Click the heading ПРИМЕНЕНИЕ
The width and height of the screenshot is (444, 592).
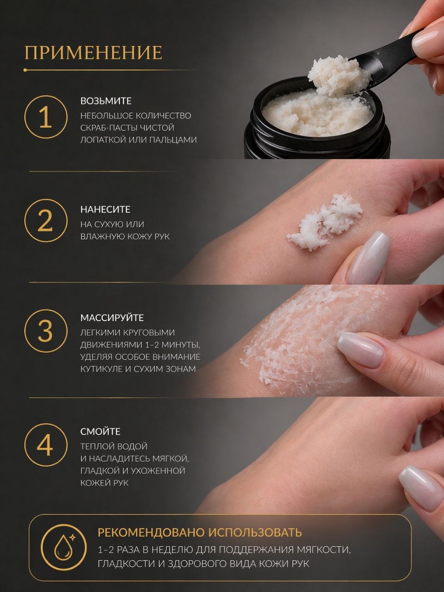tap(93, 52)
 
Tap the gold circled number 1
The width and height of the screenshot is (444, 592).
tap(45, 117)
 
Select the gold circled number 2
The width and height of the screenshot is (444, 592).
tap(45, 221)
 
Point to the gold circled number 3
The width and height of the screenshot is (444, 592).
tap(45, 331)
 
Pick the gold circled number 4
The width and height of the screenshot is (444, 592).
tap(45, 445)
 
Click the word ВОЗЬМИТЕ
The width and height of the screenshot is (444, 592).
tap(106, 101)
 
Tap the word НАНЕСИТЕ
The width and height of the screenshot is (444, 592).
tap(105, 210)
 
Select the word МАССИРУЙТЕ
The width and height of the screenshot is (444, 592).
tap(112, 318)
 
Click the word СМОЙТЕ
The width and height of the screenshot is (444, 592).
tap(100, 432)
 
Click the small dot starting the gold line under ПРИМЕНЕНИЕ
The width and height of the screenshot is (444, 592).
tap(25, 70)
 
